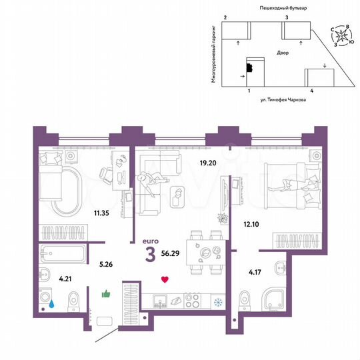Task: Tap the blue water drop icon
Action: (51, 301)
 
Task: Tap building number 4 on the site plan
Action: (311, 89)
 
